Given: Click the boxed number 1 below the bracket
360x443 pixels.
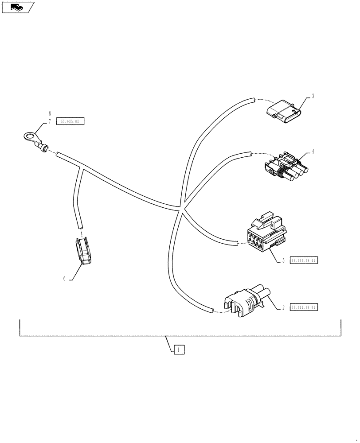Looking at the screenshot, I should pos(178,350).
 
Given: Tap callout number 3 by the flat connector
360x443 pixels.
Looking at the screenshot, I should pos(313,96).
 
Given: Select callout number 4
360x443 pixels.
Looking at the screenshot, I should pos(313,151).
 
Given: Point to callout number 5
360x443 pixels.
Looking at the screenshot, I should pos(283,260).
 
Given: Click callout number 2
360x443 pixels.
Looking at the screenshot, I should pos(283,307).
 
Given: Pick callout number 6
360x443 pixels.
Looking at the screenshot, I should pos(64,278).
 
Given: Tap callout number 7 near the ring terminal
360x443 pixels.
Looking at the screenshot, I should pos(50,121).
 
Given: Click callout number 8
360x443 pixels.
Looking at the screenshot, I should pos(50,113).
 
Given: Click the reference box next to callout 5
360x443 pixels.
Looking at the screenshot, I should pos(304,260).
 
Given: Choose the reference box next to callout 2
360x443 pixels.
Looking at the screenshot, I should pos(304,307).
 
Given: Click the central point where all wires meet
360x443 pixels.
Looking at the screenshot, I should pos(180,207).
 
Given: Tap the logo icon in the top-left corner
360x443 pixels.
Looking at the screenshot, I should pos(16,7).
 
